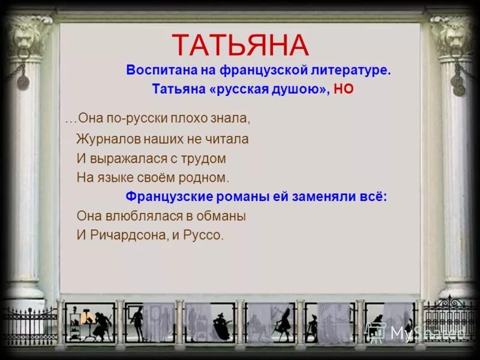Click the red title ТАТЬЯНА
point(240,46)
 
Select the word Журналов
point(106,139)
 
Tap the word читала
point(225,139)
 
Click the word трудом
point(205,159)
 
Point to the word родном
point(205,178)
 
